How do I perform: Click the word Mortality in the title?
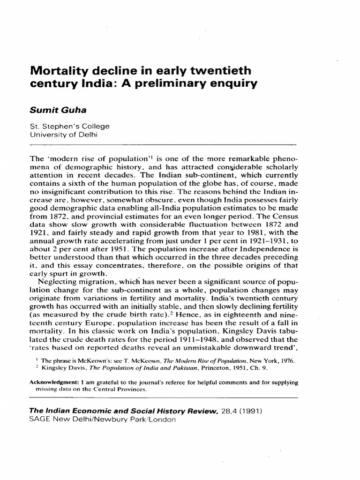57,71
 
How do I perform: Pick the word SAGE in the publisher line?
40,420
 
